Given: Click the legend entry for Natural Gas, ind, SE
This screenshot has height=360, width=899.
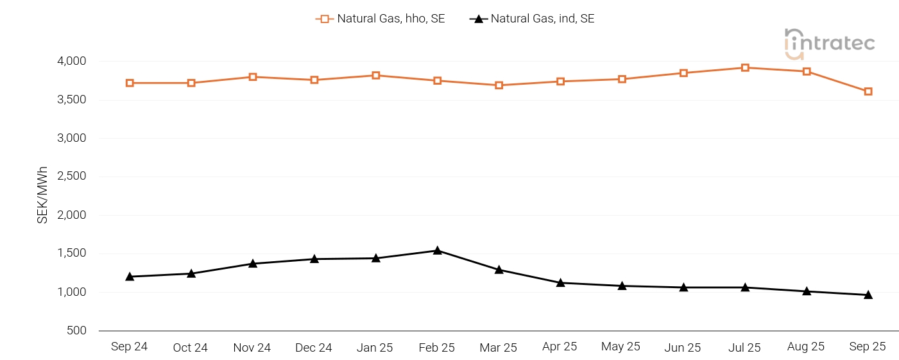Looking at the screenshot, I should coord(532,19).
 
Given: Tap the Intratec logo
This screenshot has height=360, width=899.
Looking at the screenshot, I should coord(830,44).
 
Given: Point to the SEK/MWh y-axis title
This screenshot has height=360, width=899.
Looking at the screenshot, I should coord(42,195).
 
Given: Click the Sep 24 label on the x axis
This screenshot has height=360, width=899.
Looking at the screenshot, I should coord(129,347).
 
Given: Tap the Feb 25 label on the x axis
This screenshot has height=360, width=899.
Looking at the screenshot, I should coord(436,348).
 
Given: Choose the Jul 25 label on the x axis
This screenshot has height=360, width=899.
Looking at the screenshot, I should coord(744,348).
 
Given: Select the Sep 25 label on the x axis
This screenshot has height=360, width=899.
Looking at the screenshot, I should coord(868,347).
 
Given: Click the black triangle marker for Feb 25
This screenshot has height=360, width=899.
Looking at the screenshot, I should coord(437,250).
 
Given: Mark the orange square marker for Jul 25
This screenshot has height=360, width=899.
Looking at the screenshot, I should coord(745,67).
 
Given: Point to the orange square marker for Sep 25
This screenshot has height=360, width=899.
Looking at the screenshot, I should coord(868,91).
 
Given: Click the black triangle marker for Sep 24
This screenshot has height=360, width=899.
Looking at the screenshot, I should coord(130,277).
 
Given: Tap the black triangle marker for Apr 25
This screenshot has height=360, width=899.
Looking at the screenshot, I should coord(560,282).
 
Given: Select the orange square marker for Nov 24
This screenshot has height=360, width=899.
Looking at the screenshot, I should coord(253,77).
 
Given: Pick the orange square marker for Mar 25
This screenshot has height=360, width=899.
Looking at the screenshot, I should coord(499,85).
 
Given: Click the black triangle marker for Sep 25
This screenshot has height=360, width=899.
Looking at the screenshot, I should coord(868,295).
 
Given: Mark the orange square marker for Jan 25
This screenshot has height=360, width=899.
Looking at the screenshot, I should coord(376,75).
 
